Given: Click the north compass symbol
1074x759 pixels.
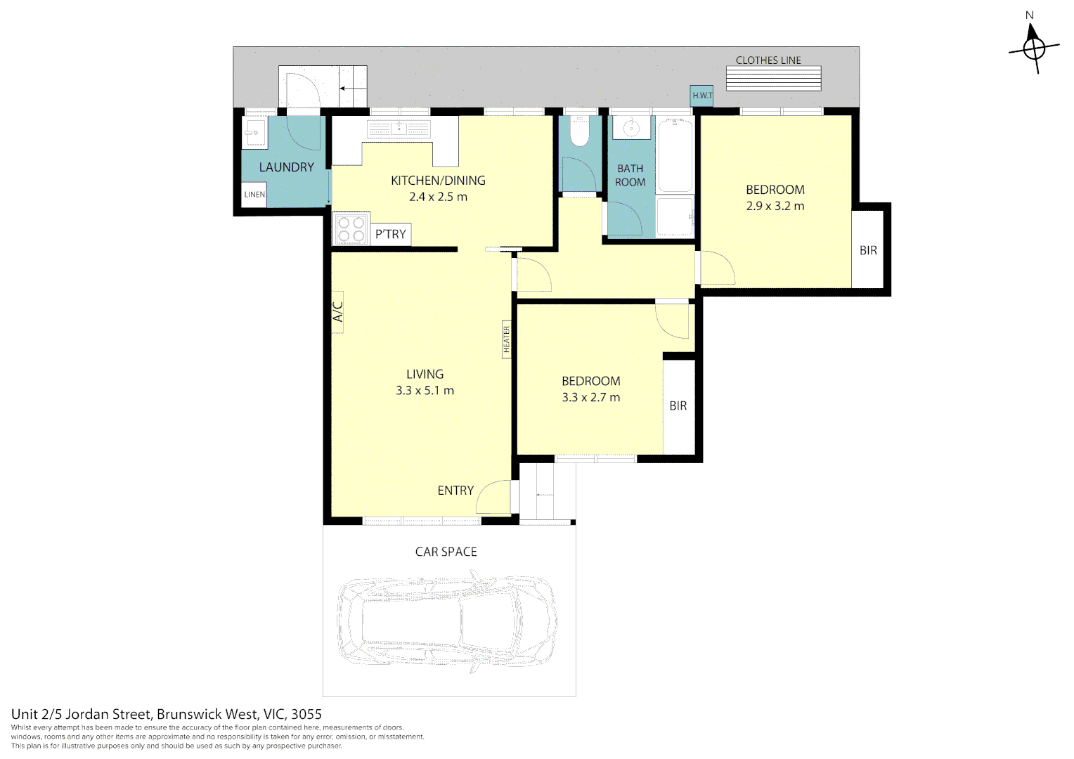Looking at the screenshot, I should click(x=1034, y=48).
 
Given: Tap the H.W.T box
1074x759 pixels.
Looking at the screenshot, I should click(x=701, y=96).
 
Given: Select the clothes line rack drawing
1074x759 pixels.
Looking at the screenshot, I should click(x=773, y=78).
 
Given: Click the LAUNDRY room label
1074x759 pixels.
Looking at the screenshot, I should click(x=286, y=167).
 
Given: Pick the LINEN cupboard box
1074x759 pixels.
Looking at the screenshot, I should click(x=254, y=195).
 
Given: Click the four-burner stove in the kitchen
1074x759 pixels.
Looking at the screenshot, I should click(x=351, y=229).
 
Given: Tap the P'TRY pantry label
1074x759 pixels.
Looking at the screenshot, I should click(x=390, y=235).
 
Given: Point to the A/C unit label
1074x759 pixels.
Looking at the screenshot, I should click(x=337, y=312).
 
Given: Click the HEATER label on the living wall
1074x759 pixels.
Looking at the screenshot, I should click(x=506, y=339).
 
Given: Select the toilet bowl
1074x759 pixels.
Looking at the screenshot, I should click(x=579, y=132).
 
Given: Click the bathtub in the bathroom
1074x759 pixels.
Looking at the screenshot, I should click(x=675, y=155).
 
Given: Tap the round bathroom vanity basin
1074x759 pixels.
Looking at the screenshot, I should click(x=631, y=128).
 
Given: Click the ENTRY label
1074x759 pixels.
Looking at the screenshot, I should click(x=455, y=491).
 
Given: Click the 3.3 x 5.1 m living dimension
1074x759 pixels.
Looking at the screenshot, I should click(x=425, y=391).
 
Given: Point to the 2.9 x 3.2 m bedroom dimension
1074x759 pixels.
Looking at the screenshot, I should click(x=775, y=206).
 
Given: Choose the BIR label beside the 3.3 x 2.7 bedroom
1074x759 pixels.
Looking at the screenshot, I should click(x=678, y=406).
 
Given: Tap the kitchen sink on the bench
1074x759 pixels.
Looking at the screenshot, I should click(x=399, y=128).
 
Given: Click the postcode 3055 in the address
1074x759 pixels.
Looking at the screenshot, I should click(x=306, y=715).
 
